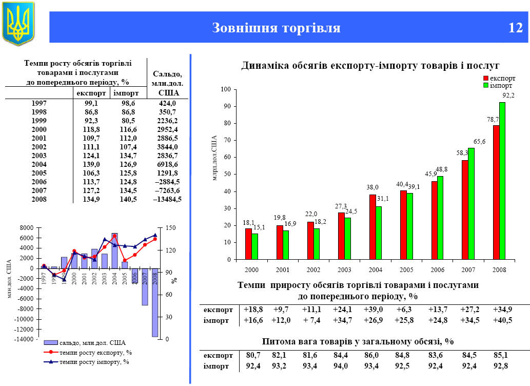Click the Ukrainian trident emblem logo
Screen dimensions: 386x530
pos(18,23)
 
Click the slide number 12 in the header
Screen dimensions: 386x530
pos(515,27)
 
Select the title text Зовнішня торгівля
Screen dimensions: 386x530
pos(276,28)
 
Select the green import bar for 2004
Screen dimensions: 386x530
pos(379,233)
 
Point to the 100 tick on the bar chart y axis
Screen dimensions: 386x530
pos(225,89)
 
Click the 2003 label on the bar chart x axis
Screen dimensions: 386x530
pos(344,269)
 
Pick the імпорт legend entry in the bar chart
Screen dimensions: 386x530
pos(499,85)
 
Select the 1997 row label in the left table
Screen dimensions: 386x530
pos(39,103)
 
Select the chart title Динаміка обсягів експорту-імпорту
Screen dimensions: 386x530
pos(370,65)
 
